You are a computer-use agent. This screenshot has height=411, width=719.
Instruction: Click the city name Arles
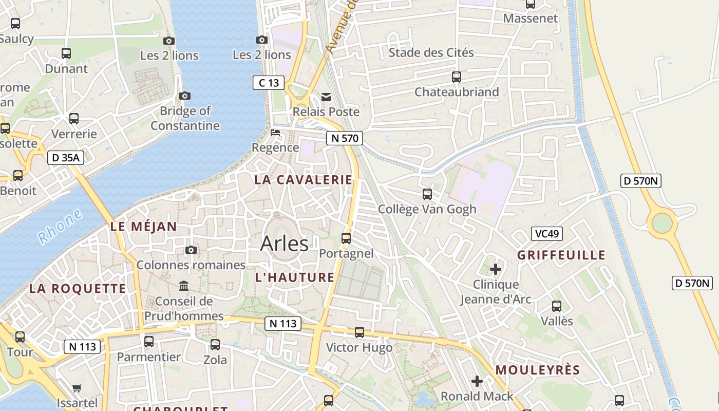pyautogui.click(x=284, y=243)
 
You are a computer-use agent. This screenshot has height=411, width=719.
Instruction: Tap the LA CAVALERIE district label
pyautogui.click(x=304, y=180)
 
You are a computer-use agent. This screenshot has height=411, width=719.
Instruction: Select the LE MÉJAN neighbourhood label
pyautogui.click(x=143, y=227)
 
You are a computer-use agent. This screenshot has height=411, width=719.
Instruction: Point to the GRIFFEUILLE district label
pyautogui.click(x=561, y=255)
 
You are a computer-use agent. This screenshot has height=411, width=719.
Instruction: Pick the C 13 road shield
pyautogui.click(x=269, y=82)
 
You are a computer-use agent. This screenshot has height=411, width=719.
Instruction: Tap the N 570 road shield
pyautogui.click(x=344, y=138)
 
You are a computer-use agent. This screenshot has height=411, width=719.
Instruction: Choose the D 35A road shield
pyautogui.click(x=66, y=158)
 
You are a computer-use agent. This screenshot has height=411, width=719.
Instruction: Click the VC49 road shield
pyautogui.click(x=547, y=234)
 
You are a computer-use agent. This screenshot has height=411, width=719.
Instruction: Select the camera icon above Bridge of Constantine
pyautogui.click(x=185, y=96)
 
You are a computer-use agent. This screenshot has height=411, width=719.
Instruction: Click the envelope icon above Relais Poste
pyautogui.click(x=326, y=97)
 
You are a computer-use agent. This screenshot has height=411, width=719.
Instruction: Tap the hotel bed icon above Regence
pyautogui.click(x=276, y=133)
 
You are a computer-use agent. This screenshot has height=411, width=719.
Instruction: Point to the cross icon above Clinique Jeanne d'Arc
pyautogui.click(x=496, y=269)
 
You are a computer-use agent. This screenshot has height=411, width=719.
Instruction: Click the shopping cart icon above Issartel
pyautogui.click(x=77, y=388)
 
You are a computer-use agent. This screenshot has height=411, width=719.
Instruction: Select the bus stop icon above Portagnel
pyautogui.click(x=346, y=238)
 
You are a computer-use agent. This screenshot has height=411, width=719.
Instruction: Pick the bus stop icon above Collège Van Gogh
pyautogui.click(x=427, y=194)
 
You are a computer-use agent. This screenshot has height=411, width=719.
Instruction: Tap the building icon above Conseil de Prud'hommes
pyautogui.click(x=184, y=286)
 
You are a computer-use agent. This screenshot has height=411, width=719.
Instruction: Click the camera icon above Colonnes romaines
pyautogui.click(x=191, y=250)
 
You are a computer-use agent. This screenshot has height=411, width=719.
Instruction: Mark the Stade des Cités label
pyautogui.click(x=431, y=52)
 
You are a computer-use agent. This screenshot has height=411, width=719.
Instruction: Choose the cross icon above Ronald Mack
pyautogui.click(x=477, y=381)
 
